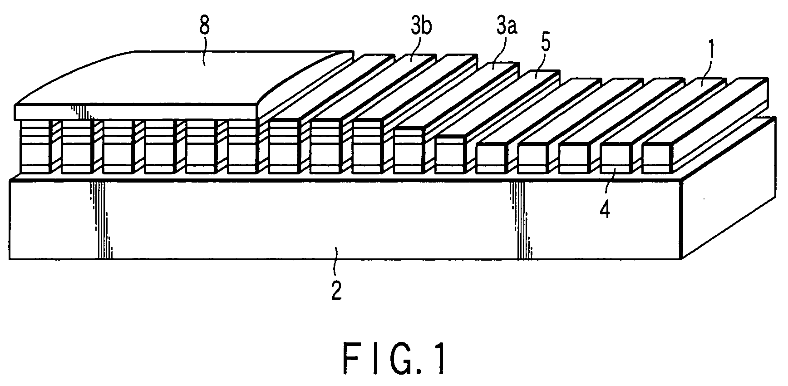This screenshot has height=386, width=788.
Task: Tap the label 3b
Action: (x=421, y=26)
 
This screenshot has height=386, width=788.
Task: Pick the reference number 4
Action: (x=606, y=210)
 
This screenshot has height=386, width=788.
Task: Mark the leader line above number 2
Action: (x=336, y=259)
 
